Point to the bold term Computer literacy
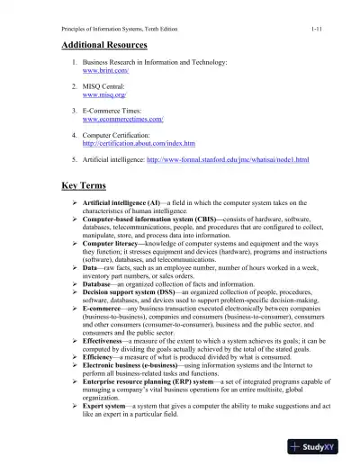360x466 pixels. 112,244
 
